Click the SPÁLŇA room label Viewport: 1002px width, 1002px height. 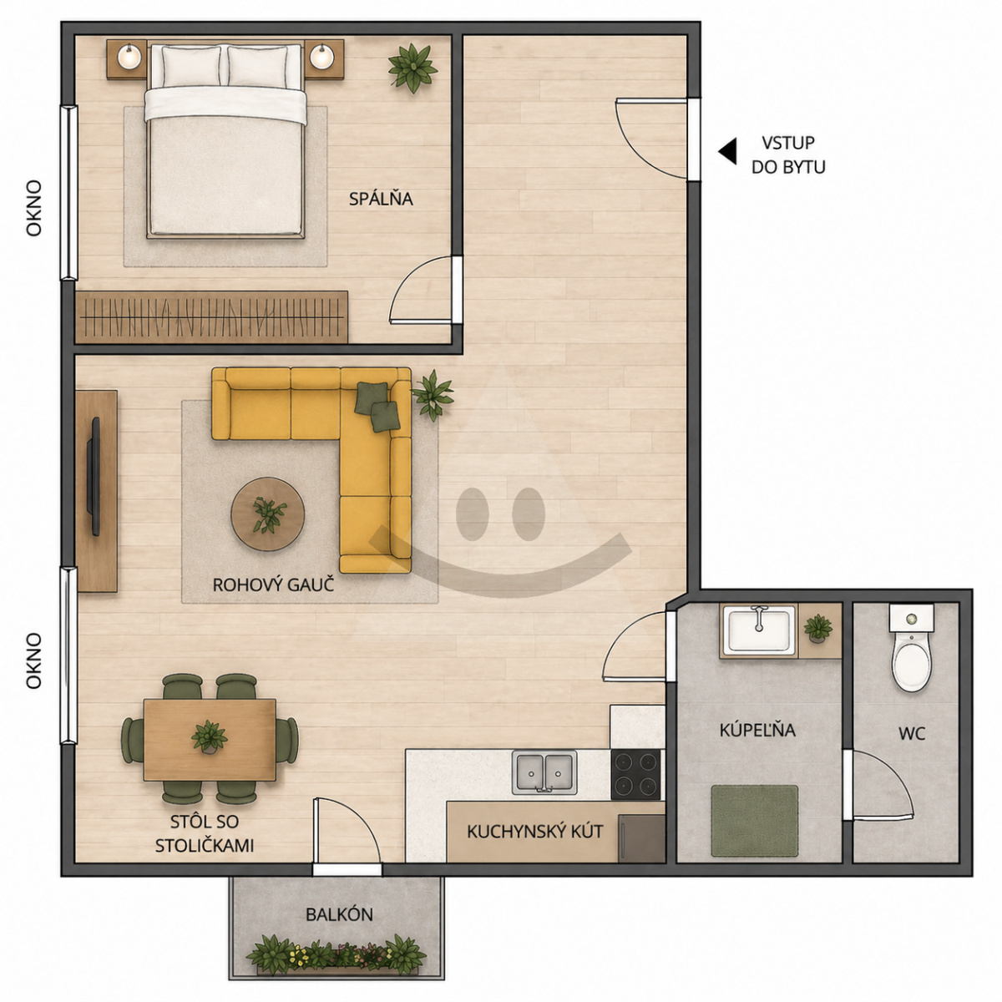click(381, 199)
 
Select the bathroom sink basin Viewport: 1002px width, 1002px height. click(759, 630)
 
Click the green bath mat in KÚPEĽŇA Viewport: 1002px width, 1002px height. click(755, 821)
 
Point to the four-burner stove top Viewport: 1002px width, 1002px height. click(636, 774)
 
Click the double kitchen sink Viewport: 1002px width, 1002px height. click(544, 772)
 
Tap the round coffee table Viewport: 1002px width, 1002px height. click(268, 514)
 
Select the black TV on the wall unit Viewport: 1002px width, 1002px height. click(95, 476)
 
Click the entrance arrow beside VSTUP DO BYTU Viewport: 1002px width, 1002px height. click(727, 151)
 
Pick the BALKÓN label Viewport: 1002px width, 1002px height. click(339, 914)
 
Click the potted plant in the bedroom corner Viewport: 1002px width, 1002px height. click(412, 68)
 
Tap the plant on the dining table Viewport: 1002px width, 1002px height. click(209, 736)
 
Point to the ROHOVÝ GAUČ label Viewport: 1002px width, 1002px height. click(272, 585)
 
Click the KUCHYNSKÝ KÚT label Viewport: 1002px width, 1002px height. click(535, 832)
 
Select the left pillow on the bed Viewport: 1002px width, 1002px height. click(191, 66)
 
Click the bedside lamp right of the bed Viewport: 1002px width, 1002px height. click(322, 57)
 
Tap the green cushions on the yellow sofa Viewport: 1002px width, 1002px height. click(378, 406)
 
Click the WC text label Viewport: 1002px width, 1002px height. click(912, 734)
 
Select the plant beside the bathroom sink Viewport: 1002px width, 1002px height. click(818, 629)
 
